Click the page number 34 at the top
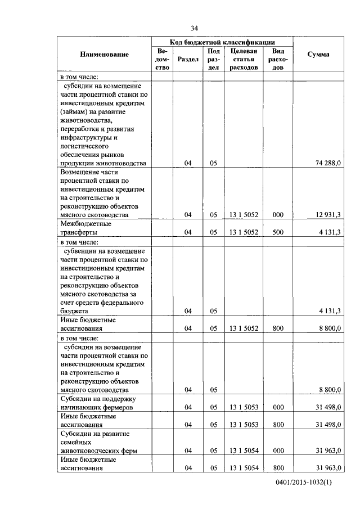pyautogui.click(x=195, y=28)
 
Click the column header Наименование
pyautogui.click(x=104, y=55)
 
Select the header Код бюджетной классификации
pyautogui.click(x=222, y=42)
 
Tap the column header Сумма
pyautogui.click(x=318, y=55)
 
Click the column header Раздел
pyautogui.click(x=187, y=58)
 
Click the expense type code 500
pyautogui.click(x=277, y=232)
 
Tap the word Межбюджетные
pyautogui.click(x=85, y=223)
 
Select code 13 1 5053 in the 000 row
pyautogui.click(x=244, y=408)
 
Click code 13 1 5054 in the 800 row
pyautogui.click(x=244, y=468)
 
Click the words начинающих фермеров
pyautogui.click(x=96, y=408)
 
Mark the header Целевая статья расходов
pyautogui.click(x=244, y=58)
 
